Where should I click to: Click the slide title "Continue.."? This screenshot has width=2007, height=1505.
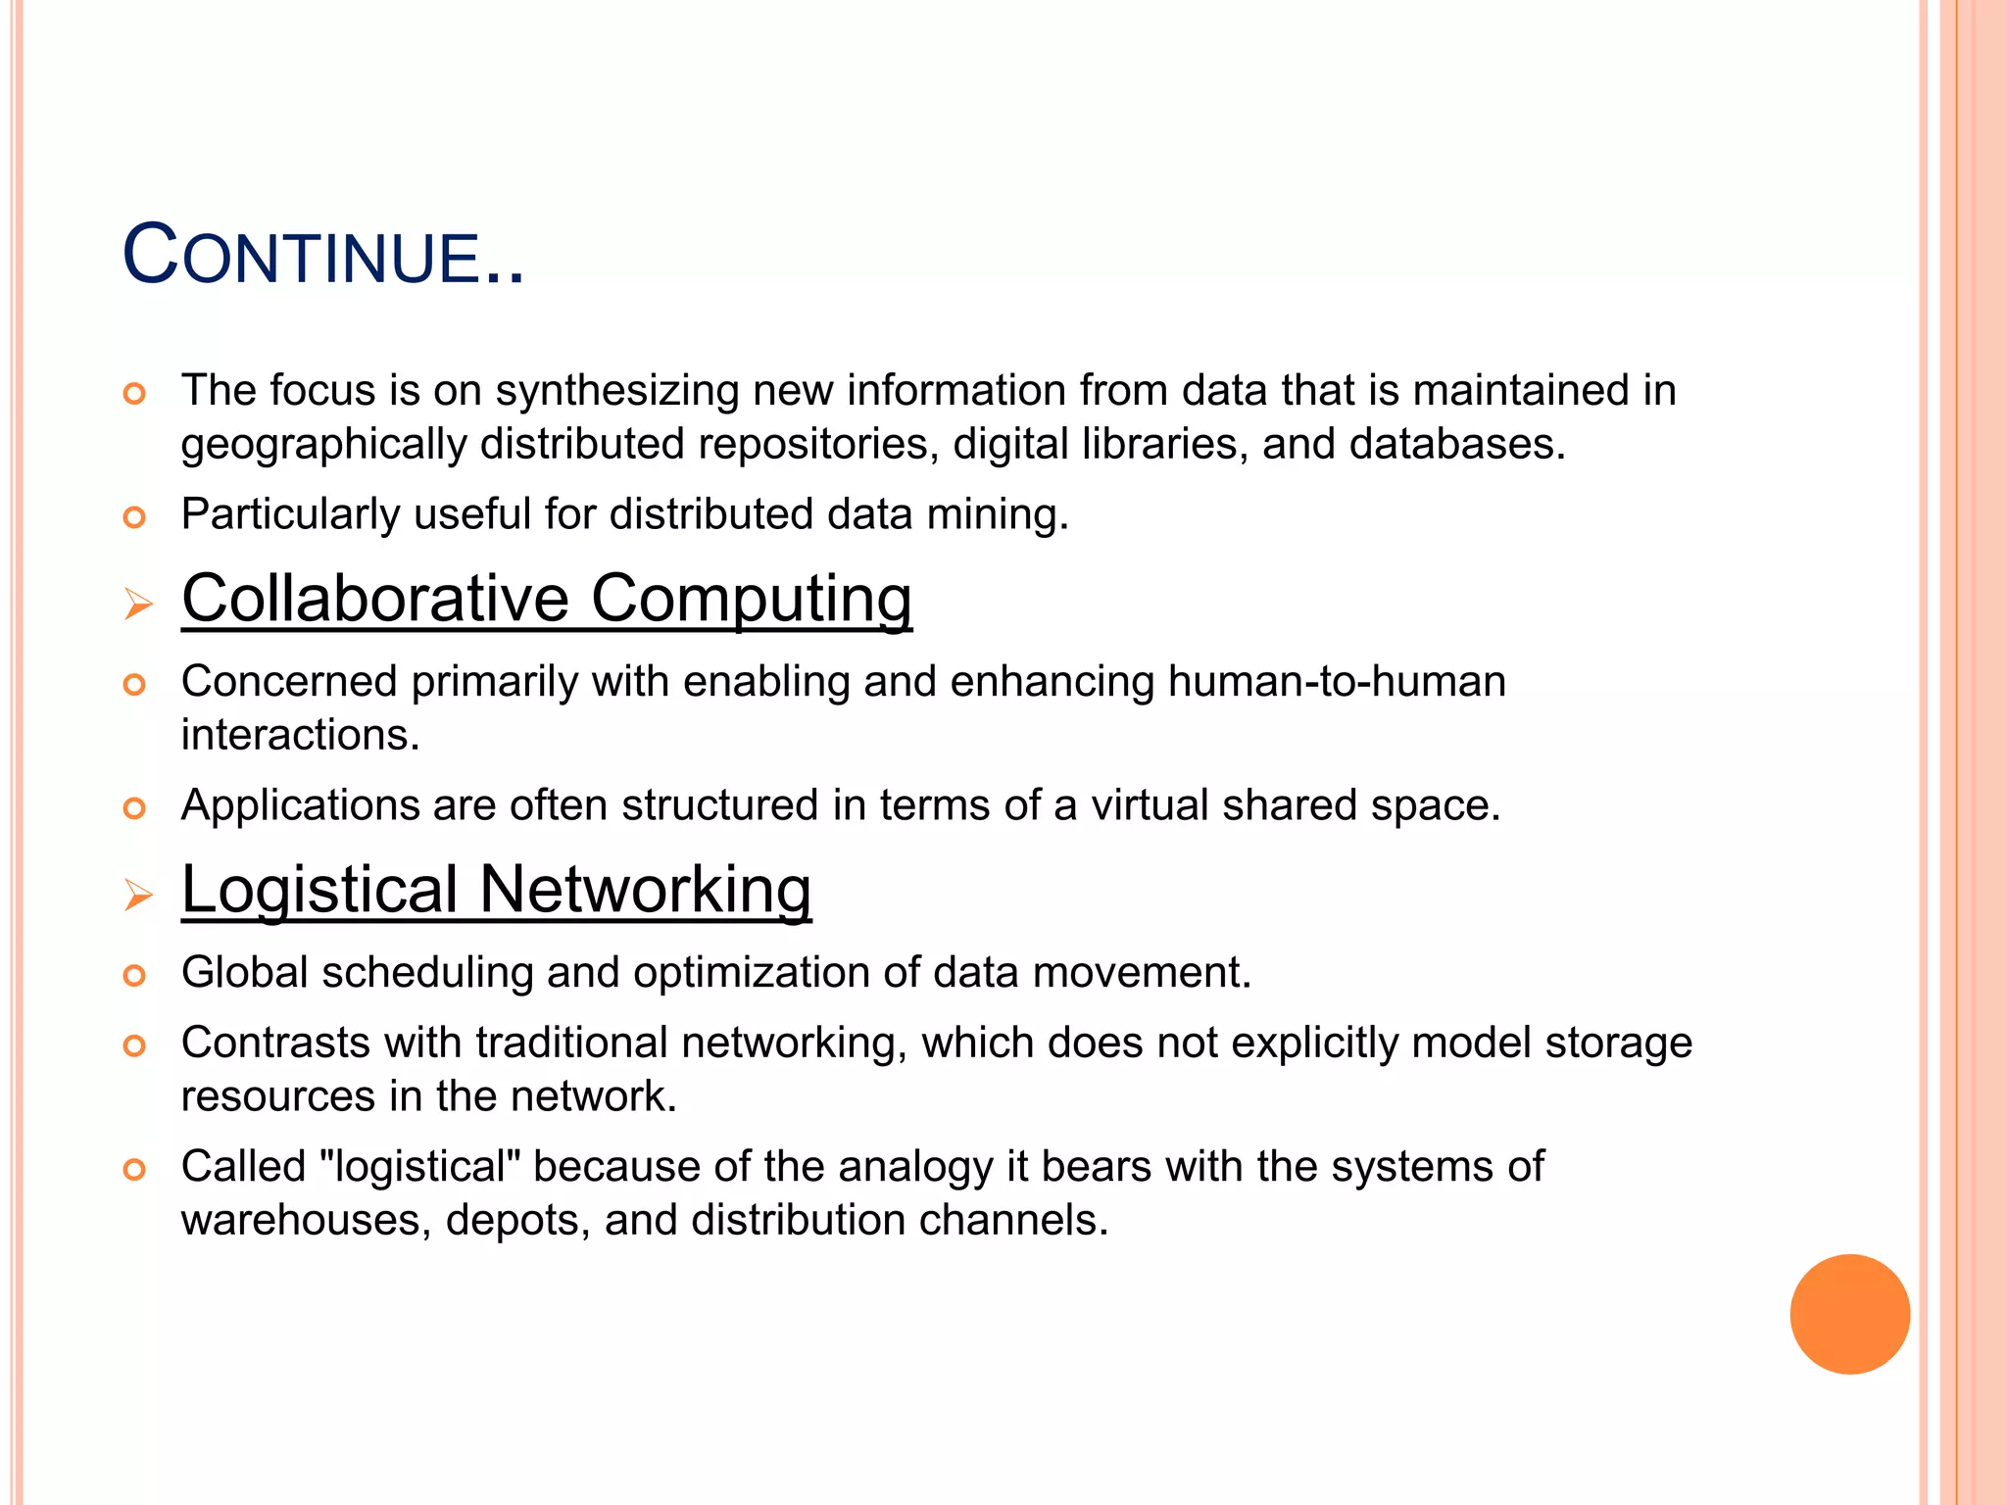click(x=323, y=257)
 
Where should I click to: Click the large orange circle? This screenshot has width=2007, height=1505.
click(x=1849, y=1314)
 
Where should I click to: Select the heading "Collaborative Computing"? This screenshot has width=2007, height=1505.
click(x=547, y=599)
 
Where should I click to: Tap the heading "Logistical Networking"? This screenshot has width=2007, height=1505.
click(x=496, y=890)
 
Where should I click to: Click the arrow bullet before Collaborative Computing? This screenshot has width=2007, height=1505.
click(x=138, y=605)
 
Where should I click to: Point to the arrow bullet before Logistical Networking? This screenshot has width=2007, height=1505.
click(x=138, y=895)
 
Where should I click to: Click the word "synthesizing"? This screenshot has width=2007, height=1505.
click(x=617, y=391)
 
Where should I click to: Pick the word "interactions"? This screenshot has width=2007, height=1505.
click(x=300, y=735)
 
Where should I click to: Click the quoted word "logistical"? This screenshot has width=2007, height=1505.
click(x=420, y=1167)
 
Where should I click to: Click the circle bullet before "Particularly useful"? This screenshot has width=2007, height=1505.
click(x=134, y=517)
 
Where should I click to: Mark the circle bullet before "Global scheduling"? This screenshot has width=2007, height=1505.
click(x=134, y=976)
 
